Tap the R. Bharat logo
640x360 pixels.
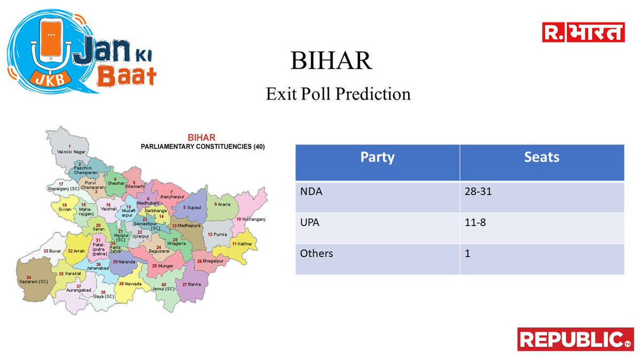pos(583,33)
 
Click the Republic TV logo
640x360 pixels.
pos(575,339)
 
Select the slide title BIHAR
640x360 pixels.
pos(331,61)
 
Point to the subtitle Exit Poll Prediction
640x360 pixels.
pos(338,94)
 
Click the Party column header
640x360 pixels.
pos(377,157)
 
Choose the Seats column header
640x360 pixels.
pos(542,157)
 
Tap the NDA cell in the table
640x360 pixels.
pos(311,190)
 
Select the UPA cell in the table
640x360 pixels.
pos(310,222)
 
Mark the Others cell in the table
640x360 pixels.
pos(316,253)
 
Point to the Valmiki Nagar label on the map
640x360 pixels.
pos(71,151)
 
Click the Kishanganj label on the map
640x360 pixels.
pos(251,219)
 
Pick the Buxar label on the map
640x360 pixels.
pos(54,251)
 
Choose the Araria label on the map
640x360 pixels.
pos(222,205)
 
